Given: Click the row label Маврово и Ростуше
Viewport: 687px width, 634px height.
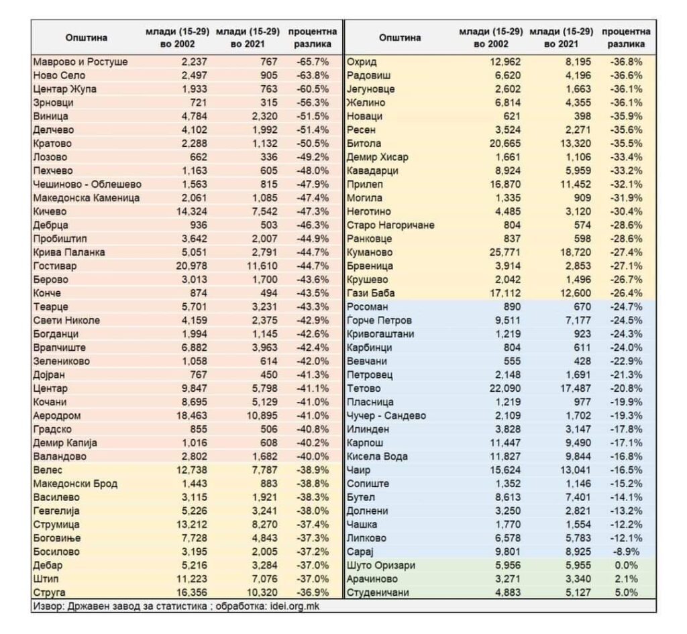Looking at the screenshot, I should (80, 62).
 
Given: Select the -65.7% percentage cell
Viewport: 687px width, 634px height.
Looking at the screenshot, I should (313, 62).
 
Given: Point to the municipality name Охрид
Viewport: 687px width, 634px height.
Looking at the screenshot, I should (362, 62).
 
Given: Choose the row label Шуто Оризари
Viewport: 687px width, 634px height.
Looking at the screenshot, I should (379, 565).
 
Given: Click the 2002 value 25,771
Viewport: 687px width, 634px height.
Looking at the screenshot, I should (502, 252).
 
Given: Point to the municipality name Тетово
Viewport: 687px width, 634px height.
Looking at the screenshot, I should (364, 388).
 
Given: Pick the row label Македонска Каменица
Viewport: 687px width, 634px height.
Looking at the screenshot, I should (86, 198).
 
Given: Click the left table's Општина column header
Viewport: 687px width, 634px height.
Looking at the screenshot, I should (86, 38).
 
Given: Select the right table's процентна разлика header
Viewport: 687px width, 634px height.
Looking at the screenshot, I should (626, 38).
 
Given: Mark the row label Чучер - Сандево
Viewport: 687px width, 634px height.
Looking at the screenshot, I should (386, 415).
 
